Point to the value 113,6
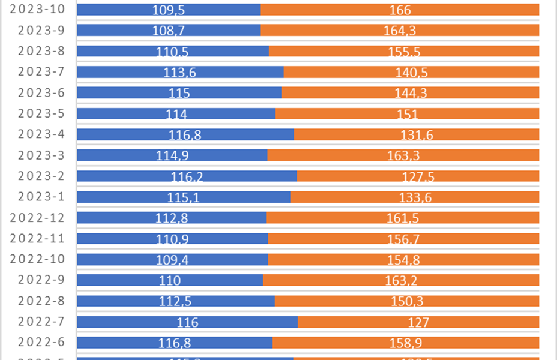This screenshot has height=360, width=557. pyautogui.click(x=180, y=73)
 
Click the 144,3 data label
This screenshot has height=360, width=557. pyautogui.click(x=410, y=94)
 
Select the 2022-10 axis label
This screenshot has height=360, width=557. pyautogui.click(x=41, y=260)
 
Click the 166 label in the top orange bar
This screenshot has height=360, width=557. pyautogui.click(x=400, y=10)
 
